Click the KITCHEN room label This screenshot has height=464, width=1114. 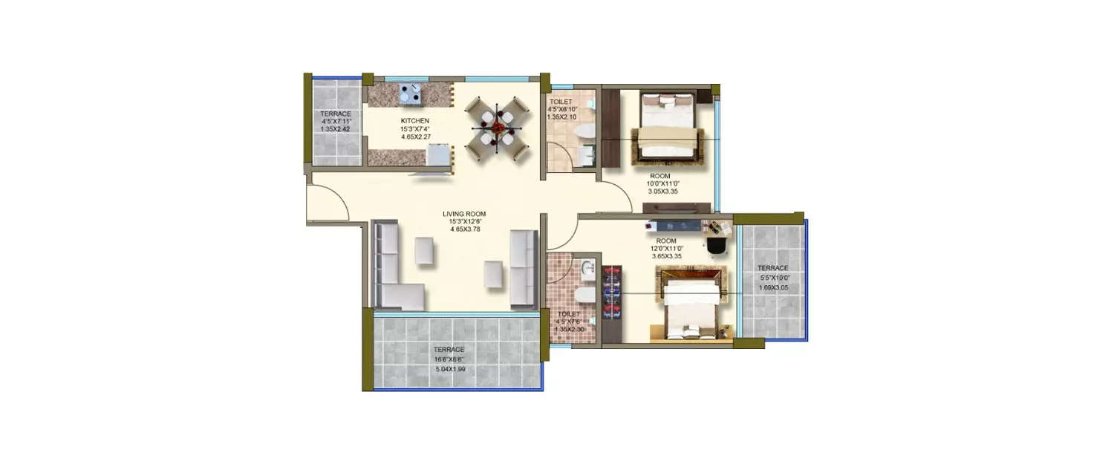[x=414, y=120]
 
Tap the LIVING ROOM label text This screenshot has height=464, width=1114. [x=467, y=214]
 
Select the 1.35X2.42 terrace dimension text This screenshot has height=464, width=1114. [x=336, y=129]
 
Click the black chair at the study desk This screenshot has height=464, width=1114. [x=717, y=244]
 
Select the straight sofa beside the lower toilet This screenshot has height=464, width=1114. [x=524, y=269]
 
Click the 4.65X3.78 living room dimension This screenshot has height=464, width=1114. [x=467, y=229]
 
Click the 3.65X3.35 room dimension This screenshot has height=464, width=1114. [x=666, y=256]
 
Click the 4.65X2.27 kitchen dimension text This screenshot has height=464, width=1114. [x=414, y=137]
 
